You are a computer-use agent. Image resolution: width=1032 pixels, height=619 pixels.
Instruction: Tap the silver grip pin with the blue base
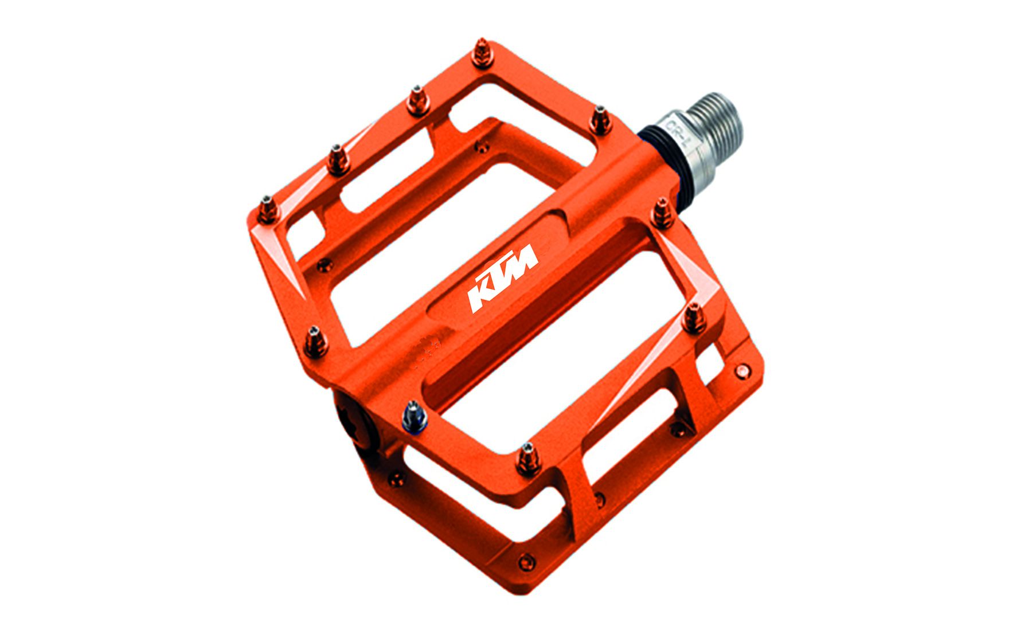415,416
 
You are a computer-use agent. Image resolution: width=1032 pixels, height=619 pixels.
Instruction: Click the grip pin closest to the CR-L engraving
600,120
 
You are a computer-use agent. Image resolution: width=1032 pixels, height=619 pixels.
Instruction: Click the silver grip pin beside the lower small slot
526,459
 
